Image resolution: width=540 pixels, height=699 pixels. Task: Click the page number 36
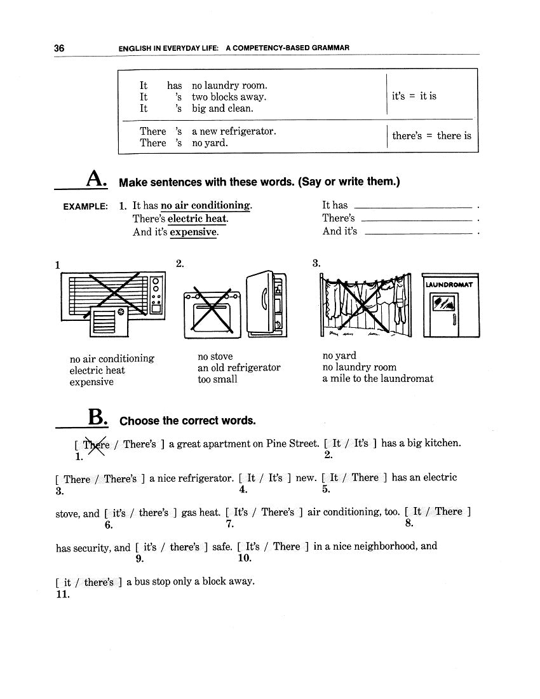click(60, 48)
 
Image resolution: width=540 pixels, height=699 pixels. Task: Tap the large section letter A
click(96, 180)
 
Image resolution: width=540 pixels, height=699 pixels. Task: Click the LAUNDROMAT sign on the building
click(450, 285)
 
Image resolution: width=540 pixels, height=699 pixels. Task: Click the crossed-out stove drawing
click(212, 313)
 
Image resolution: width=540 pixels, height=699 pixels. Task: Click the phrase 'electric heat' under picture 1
click(97, 370)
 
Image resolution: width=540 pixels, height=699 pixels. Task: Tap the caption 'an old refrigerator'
click(239, 368)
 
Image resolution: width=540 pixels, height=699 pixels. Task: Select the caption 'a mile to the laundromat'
click(378, 379)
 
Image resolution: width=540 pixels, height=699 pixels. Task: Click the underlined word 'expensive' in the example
click(193, 232)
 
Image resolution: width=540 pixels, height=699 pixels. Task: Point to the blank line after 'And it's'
click(419, 233)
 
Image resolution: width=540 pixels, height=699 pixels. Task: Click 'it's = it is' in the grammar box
click(414, 97)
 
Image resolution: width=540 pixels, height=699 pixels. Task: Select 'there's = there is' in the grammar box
click(431, 136)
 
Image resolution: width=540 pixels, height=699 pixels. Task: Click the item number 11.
click(62, 595)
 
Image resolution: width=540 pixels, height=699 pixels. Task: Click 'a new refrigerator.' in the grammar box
click(234, 132)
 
